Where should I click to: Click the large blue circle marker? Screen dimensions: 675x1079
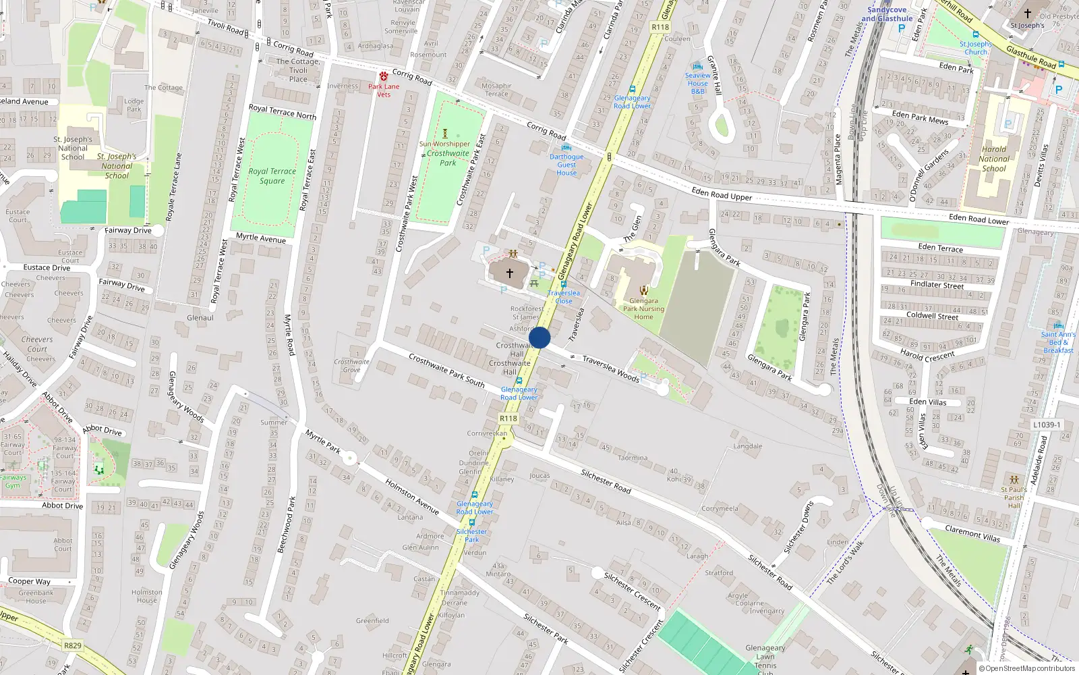click(539, 337)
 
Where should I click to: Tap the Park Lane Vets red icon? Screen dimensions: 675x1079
click(383, 76)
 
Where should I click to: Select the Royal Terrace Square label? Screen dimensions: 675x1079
click(272, 175)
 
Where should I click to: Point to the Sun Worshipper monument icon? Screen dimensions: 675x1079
click(444, 134)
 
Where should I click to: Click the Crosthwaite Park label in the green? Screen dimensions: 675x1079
click(448, 158)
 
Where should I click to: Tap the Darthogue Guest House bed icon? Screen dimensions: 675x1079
click(566, 147)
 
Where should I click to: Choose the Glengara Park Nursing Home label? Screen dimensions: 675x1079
click(643, 308)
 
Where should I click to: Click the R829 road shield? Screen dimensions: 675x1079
click(73, 645)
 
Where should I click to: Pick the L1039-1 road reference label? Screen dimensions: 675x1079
click(1047, 425)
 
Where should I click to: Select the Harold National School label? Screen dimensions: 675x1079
click(994, 159)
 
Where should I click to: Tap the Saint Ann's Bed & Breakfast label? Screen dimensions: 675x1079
click(1058, 342)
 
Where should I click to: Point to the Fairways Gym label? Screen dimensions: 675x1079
click(13, 481)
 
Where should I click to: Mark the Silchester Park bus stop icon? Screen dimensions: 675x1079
click(471, 522)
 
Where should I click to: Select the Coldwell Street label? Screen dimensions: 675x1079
click(932, 315)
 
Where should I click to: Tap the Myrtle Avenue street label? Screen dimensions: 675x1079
click(261, 238)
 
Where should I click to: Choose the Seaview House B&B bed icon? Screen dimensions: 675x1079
click(698, 66)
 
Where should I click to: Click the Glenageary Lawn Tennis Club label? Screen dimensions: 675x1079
click(765, 657)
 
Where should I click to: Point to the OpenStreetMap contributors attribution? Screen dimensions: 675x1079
click(1027, 668)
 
